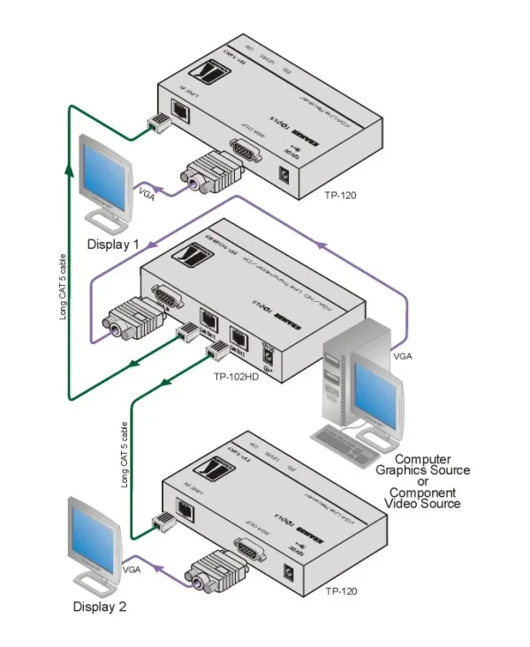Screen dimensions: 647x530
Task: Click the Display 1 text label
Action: (113, 244)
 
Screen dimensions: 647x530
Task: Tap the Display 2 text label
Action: (100, 606)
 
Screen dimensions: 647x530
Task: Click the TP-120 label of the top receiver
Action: (340, 196)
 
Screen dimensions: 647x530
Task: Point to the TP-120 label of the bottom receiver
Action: (341, 591)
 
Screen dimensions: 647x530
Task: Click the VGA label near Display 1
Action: (147, 196)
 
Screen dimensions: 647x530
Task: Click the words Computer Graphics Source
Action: (432, 465)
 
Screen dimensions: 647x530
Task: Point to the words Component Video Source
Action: (425, 498)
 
